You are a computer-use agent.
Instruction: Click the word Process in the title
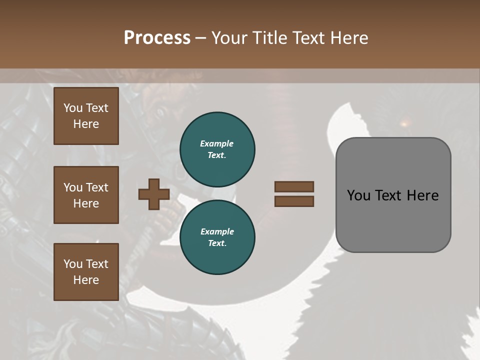157,38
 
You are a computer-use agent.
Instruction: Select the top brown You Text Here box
86,116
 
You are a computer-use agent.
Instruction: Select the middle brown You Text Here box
86,195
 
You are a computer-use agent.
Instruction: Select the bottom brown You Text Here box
86,271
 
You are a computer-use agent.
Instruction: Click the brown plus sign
154,194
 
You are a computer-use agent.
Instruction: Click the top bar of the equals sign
294,186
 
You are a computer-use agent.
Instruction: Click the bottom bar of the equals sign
294,201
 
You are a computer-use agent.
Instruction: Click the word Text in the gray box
389,195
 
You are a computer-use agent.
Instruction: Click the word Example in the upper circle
217,143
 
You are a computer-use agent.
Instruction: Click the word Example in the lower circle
217,231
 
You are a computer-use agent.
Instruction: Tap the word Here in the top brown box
86,124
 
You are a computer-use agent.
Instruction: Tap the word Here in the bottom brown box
86,280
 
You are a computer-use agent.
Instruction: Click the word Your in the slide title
228,38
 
